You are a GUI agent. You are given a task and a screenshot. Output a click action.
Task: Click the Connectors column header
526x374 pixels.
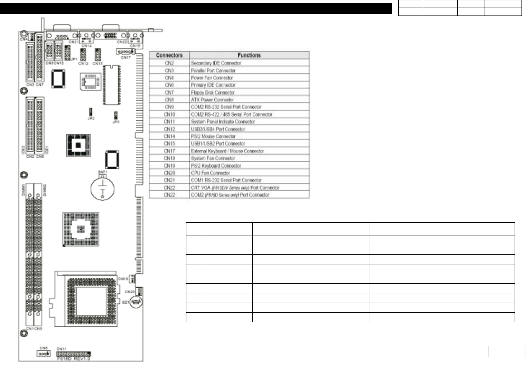(169, 55)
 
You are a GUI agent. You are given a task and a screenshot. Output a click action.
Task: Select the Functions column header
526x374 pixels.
(249, 55)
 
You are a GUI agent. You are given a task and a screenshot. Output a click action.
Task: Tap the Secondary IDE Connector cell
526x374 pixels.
(216, 63)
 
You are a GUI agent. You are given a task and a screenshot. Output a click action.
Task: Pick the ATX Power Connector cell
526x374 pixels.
(212, 100)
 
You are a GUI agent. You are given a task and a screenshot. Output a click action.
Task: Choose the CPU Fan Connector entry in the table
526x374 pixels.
(210, 173)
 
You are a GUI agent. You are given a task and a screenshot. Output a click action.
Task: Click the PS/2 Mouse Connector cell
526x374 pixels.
(213, 136)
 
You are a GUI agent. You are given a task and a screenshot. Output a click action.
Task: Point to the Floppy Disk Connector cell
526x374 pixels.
(213, 92)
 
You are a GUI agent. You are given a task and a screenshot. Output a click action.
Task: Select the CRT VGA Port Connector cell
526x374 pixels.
(235, 188)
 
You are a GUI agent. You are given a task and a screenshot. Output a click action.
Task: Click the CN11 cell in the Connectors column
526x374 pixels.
(169, 122)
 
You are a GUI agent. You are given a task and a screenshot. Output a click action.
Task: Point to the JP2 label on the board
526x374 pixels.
(91, 118)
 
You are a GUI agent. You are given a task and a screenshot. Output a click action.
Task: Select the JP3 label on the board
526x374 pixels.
(116, 122)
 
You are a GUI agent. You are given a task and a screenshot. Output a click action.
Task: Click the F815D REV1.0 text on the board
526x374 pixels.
(74, 358)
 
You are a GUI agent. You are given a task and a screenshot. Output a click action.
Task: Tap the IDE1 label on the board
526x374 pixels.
(47, 150)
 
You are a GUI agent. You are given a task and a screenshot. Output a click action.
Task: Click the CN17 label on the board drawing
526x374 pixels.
(126, 57)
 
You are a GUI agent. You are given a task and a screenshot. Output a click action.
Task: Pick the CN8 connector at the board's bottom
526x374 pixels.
(43, 354)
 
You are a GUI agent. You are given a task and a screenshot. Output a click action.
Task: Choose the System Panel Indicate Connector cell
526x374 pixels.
(223, 122)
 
